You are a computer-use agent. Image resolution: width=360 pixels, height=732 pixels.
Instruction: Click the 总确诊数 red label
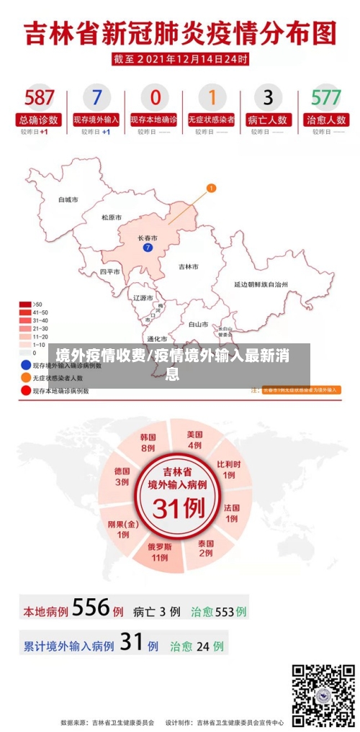(39, 119)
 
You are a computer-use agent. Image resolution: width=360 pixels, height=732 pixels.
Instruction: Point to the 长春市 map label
(148, 238)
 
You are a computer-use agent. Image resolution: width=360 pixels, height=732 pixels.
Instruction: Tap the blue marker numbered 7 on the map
(148, 248)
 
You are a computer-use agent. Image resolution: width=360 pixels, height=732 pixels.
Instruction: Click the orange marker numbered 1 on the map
(212, 189)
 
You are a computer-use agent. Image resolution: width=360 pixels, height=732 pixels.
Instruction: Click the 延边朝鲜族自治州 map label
(261, 285)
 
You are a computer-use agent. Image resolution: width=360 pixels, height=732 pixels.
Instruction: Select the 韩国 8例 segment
(148, 442)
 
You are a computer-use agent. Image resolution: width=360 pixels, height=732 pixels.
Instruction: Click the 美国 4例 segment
(194, 440)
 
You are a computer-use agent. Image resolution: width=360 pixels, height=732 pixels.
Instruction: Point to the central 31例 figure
(177, 508)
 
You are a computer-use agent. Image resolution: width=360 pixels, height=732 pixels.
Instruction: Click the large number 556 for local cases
(91, 609)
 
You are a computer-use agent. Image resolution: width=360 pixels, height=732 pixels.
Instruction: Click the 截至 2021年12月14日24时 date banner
(180, 59)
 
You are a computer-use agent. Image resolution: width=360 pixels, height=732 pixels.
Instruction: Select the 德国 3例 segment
(122, 476)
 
